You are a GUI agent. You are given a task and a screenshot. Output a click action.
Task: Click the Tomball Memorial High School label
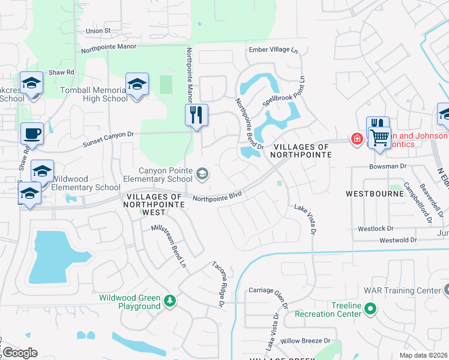(94, 94)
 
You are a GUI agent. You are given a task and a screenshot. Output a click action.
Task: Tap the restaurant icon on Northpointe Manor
(196, 115)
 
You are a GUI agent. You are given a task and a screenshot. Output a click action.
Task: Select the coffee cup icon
(32, 133)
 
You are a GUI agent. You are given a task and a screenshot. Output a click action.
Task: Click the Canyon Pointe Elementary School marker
(203, 174)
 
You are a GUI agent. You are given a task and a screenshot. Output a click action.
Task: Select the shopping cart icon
(379, 137)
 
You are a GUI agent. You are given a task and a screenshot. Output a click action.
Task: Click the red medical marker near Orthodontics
(357, 139)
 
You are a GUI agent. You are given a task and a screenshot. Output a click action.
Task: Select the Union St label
(98, 30)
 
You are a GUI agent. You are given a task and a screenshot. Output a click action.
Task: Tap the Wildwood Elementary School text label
(85, 183)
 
